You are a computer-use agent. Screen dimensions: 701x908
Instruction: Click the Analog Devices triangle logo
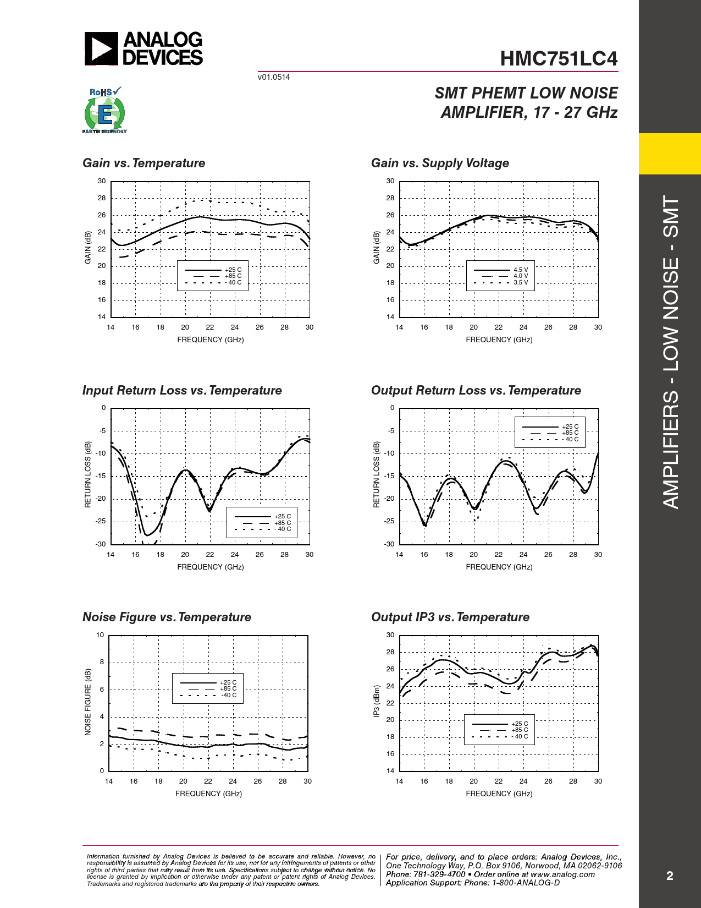coord(101,48)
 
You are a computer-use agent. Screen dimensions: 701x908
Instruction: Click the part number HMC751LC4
coord(559,59)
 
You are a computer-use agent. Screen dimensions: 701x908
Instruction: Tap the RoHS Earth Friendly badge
coord(104,110)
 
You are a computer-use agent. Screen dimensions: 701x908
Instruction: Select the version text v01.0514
coord(273,77)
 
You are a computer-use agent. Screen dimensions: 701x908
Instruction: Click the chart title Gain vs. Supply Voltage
coord(440,163)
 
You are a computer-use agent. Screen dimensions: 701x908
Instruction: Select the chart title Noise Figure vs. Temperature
coord(167,617)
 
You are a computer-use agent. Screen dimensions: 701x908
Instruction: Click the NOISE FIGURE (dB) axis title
coord(87,702)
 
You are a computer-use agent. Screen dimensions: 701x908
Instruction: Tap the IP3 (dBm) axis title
coord(377,702)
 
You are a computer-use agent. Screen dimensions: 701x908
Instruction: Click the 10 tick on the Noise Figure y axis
coord(100,635)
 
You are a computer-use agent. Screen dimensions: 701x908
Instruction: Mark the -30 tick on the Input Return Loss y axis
coord(101,544)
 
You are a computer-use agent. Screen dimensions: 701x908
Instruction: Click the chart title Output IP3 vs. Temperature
coord(450,617)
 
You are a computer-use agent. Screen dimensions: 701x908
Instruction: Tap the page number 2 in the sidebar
coord(670,876)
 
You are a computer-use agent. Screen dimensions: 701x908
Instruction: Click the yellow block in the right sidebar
coord(670,154)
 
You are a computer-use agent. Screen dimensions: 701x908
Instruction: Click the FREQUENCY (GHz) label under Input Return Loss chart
coord(211,567)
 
